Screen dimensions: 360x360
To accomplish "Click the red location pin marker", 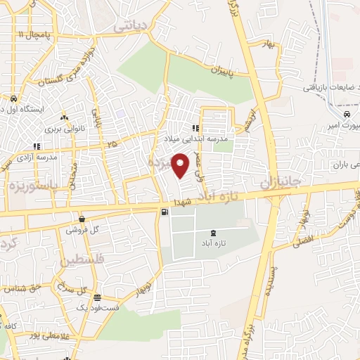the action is click(181, 165).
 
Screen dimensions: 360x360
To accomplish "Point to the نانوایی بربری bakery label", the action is click(65, 129).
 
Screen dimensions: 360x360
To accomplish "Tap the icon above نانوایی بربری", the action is click(64, 117).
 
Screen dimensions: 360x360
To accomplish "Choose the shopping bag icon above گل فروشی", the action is click(82, 219).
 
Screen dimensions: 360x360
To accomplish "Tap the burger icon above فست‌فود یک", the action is click(96, 297).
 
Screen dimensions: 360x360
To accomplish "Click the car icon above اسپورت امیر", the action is click(347, 115).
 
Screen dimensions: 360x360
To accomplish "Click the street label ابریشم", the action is click(247, 121).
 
